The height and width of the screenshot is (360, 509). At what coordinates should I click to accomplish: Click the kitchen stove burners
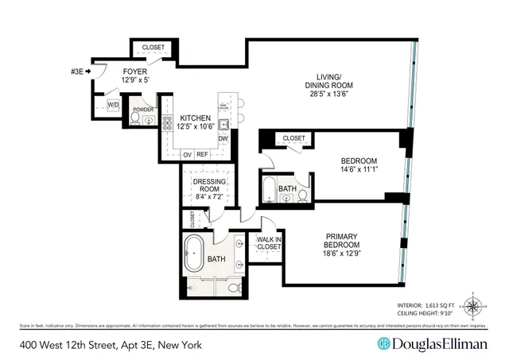(168, 124)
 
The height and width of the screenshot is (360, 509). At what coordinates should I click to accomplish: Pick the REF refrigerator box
(203, 154)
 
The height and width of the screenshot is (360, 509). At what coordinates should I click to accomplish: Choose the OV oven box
(188, 154)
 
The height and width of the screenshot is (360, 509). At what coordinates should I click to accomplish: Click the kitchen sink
(224, 124)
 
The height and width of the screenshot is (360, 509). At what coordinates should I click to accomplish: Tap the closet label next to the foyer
(153, 48)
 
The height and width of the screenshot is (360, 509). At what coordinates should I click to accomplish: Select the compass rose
(474, 306)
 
